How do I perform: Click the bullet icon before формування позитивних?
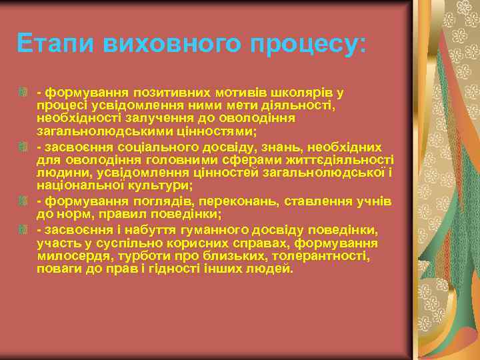23,89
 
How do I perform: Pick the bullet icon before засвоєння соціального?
23,146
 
